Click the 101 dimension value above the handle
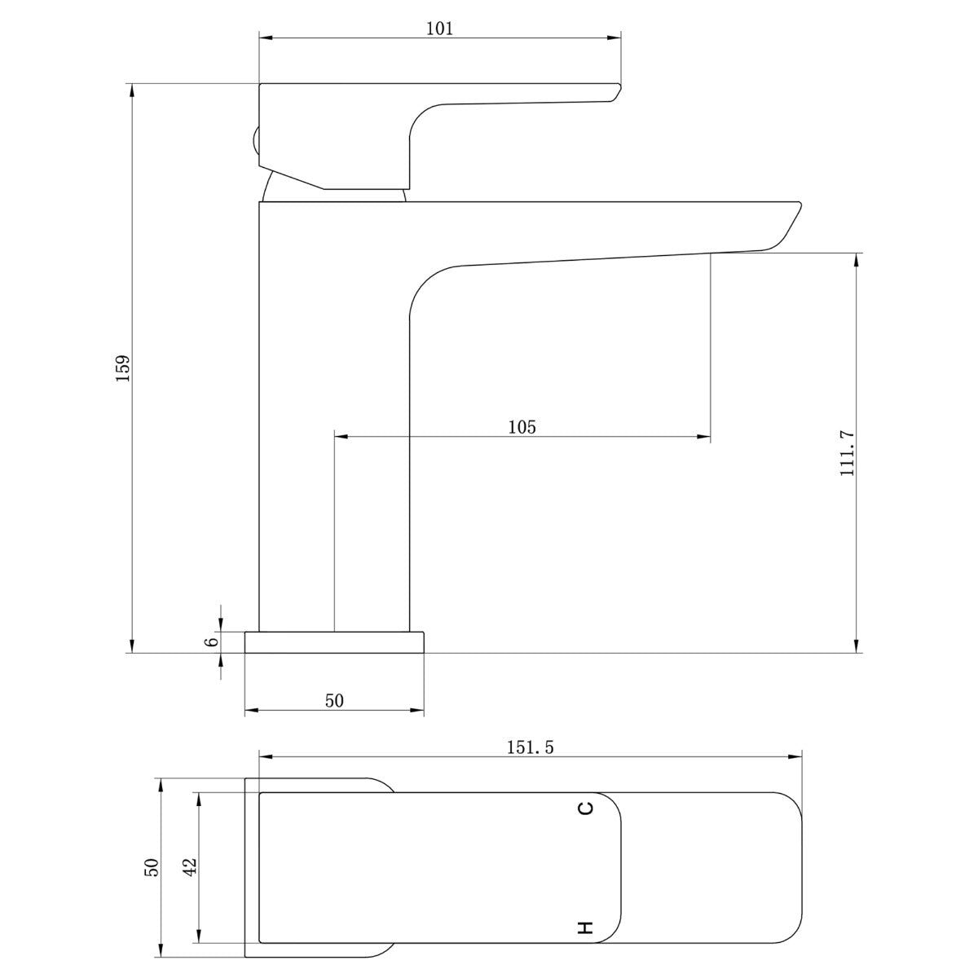[439, 29]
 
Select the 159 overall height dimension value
[122, 368]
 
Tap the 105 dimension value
[522, 426]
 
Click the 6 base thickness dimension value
[212, 641]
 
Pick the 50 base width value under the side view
[334, 701]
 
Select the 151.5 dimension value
[529, 747]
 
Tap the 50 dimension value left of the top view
[152, 867]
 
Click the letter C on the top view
[586, 808]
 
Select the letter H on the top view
[586, 927]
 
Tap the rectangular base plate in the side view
[334, 642]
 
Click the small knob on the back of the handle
[255, 143]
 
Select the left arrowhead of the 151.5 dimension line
[266, 756]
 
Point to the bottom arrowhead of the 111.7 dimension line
[856, 646]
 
